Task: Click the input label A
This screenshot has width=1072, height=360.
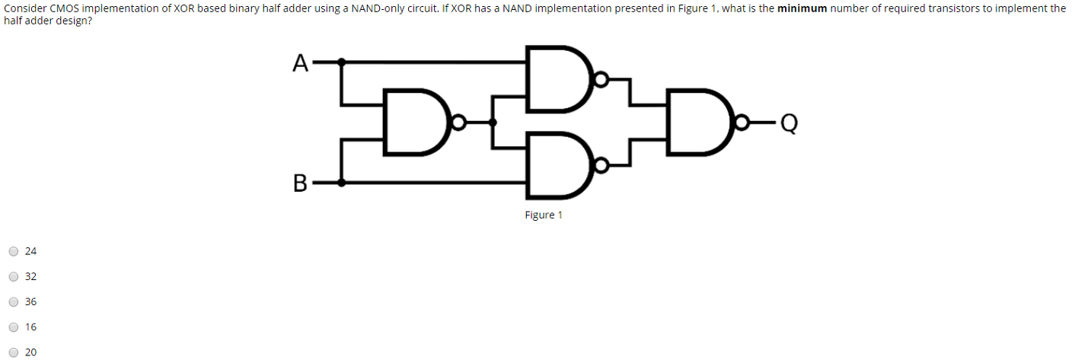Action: (301, 62)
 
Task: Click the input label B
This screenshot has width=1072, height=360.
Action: (300, 183)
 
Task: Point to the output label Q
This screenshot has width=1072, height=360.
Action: (789, 123)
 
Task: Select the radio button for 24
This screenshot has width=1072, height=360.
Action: (14, 251)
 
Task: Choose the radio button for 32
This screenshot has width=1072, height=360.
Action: (14, 276)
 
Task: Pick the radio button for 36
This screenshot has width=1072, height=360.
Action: (14, 301)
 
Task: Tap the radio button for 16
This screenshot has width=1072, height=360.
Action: (14, 327)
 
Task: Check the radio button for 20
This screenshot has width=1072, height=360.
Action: (14, 352)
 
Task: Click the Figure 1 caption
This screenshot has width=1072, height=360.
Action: (543, 215)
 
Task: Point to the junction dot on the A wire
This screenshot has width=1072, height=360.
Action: (343, 61)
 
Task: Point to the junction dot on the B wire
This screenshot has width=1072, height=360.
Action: (343, 183)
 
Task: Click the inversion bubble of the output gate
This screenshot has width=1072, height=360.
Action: (741, 122)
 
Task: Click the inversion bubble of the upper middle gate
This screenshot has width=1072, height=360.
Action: (601, 78)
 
